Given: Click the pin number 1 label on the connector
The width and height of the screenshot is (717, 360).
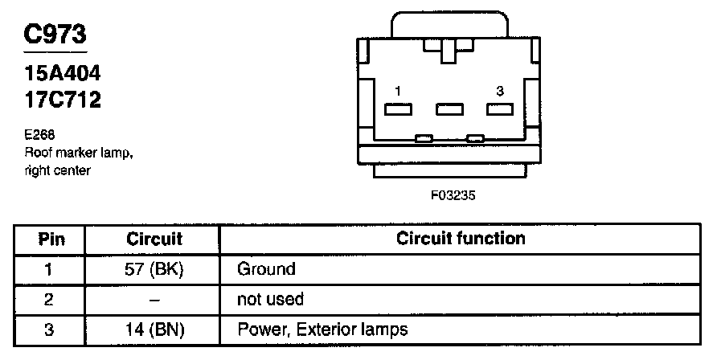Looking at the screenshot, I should [x=398, y=92].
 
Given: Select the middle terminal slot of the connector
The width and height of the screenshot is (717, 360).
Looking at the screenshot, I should [x=449, y=109].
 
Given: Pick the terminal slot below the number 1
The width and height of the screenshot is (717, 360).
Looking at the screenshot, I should [x=399, y=109].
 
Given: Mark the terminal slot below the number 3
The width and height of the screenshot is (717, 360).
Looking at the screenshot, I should [x=500, y=109].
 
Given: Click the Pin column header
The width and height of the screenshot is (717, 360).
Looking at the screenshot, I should [x=51, y=239].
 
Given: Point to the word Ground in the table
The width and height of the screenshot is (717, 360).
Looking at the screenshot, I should [x=267, y=269].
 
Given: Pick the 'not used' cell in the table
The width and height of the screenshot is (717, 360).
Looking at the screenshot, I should [x=270, y=300].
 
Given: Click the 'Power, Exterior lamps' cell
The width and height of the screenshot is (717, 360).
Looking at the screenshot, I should [x=322, y=329].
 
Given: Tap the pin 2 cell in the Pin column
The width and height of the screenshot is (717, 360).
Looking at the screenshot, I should [x=51, y=300].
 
